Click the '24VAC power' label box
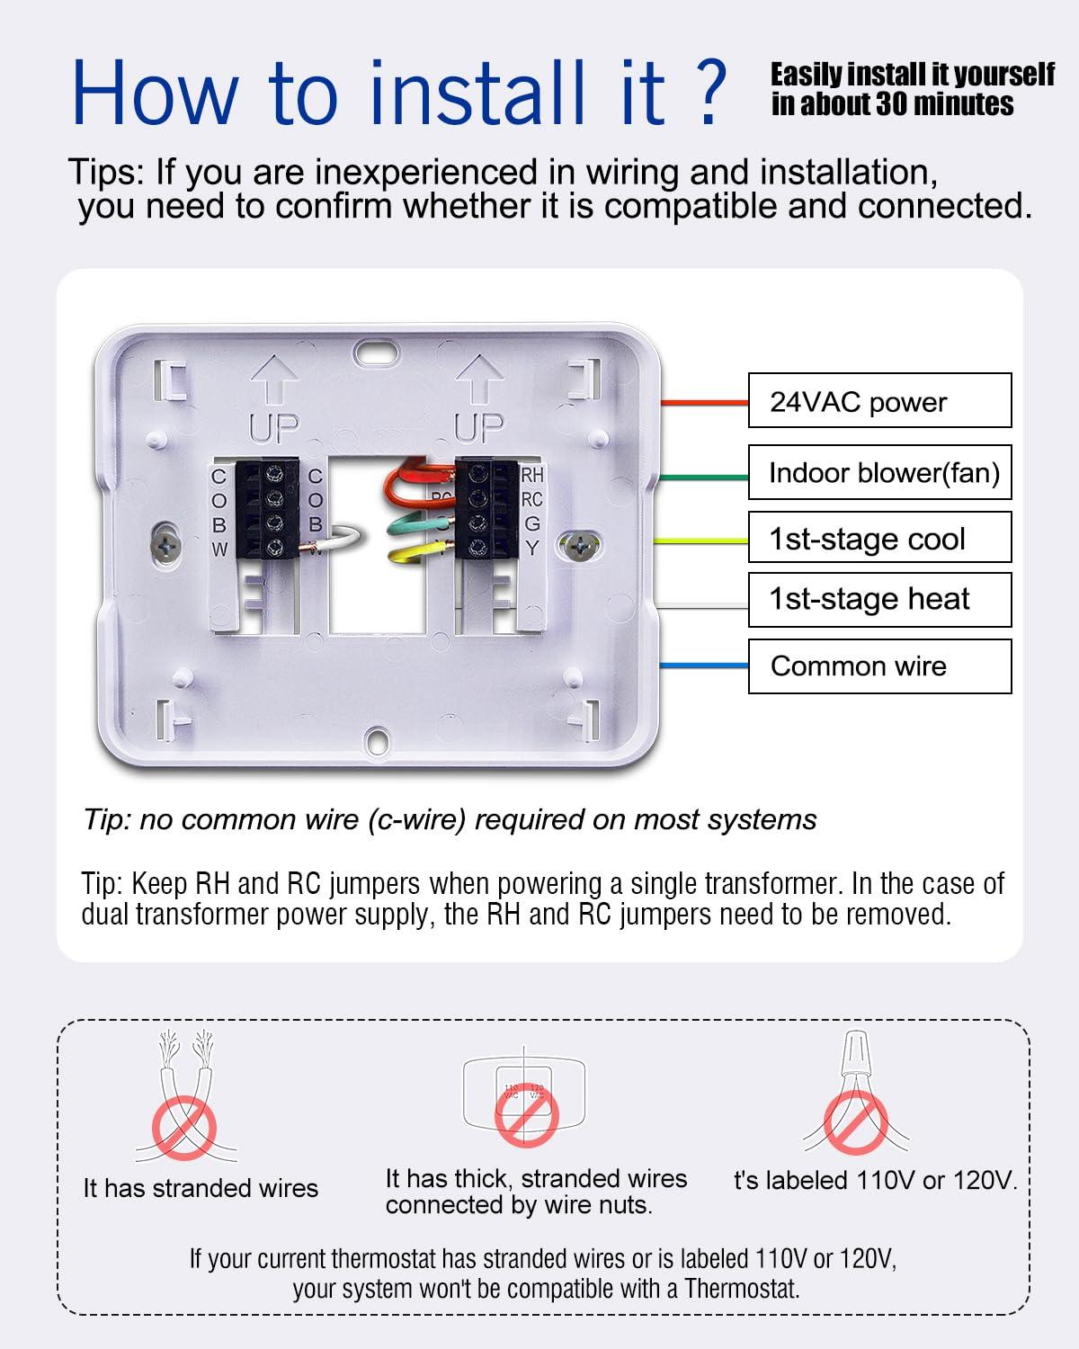pos(879,401)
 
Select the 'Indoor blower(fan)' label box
pos(879,472)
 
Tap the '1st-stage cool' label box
pos(879,538)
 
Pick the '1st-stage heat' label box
pos(879,599)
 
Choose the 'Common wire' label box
pos(879,666)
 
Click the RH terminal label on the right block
pos(532,475)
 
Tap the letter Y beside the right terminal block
pos(532,548)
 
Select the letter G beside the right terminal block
pos(532,523)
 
